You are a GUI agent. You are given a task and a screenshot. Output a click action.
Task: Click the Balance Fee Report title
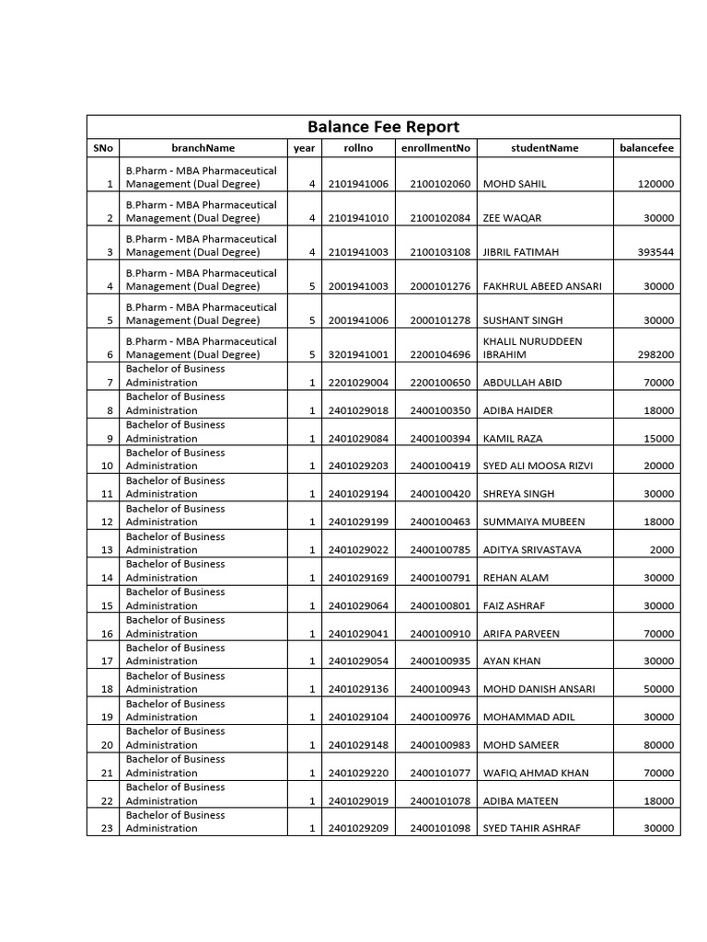coord(383,127)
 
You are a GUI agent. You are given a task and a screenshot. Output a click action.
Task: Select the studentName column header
coord(545,148)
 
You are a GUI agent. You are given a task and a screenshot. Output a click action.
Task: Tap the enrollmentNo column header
coord(435,148)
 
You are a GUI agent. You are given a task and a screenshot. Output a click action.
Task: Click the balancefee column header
coord(646,148)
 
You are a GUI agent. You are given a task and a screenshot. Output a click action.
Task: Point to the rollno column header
coord(358,148)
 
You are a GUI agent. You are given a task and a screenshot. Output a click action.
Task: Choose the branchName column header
coord(203,148)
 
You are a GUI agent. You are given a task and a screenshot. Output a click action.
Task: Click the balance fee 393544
coord(655,252)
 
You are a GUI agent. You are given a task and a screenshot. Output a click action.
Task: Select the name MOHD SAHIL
coord(515,184)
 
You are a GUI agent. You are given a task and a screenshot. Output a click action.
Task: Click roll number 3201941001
coord(358,354)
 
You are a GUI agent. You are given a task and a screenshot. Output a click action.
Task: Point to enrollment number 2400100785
coord(440,550)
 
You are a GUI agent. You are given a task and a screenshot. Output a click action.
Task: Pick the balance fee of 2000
coord(664,550)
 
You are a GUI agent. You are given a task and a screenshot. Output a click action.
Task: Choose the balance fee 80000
coord(658,745)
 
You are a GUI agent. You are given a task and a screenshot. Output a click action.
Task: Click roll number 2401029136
coord(358,689)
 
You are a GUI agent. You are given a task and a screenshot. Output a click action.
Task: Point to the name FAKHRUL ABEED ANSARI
coord(542,286)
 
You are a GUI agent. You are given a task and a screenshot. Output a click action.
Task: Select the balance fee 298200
coord(655,354)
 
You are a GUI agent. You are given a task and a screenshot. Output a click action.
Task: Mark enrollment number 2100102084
coord(440,218)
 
